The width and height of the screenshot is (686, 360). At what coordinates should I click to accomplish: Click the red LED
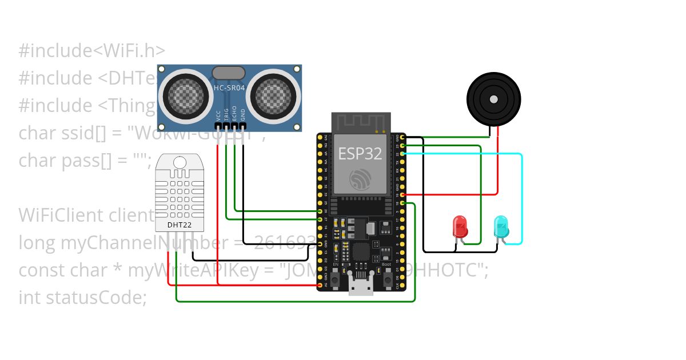pyautogui.click(x=460, y=226)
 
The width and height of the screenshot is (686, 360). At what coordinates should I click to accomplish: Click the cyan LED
pyautogui.click(x=501, y=227)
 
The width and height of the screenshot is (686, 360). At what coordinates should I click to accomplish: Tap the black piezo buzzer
pyautogui.click(x=493, y=99)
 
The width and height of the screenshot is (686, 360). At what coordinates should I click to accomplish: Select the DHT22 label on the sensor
pyautogui.click(x=180, y=225)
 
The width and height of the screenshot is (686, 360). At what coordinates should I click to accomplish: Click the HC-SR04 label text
pyautogui.click(x=229, y=87)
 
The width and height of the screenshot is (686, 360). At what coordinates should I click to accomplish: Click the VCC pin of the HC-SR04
pyautogui.click(x=218, y=125)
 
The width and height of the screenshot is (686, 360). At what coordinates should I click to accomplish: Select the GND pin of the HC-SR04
pyautogui.click(x=244, y=125)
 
